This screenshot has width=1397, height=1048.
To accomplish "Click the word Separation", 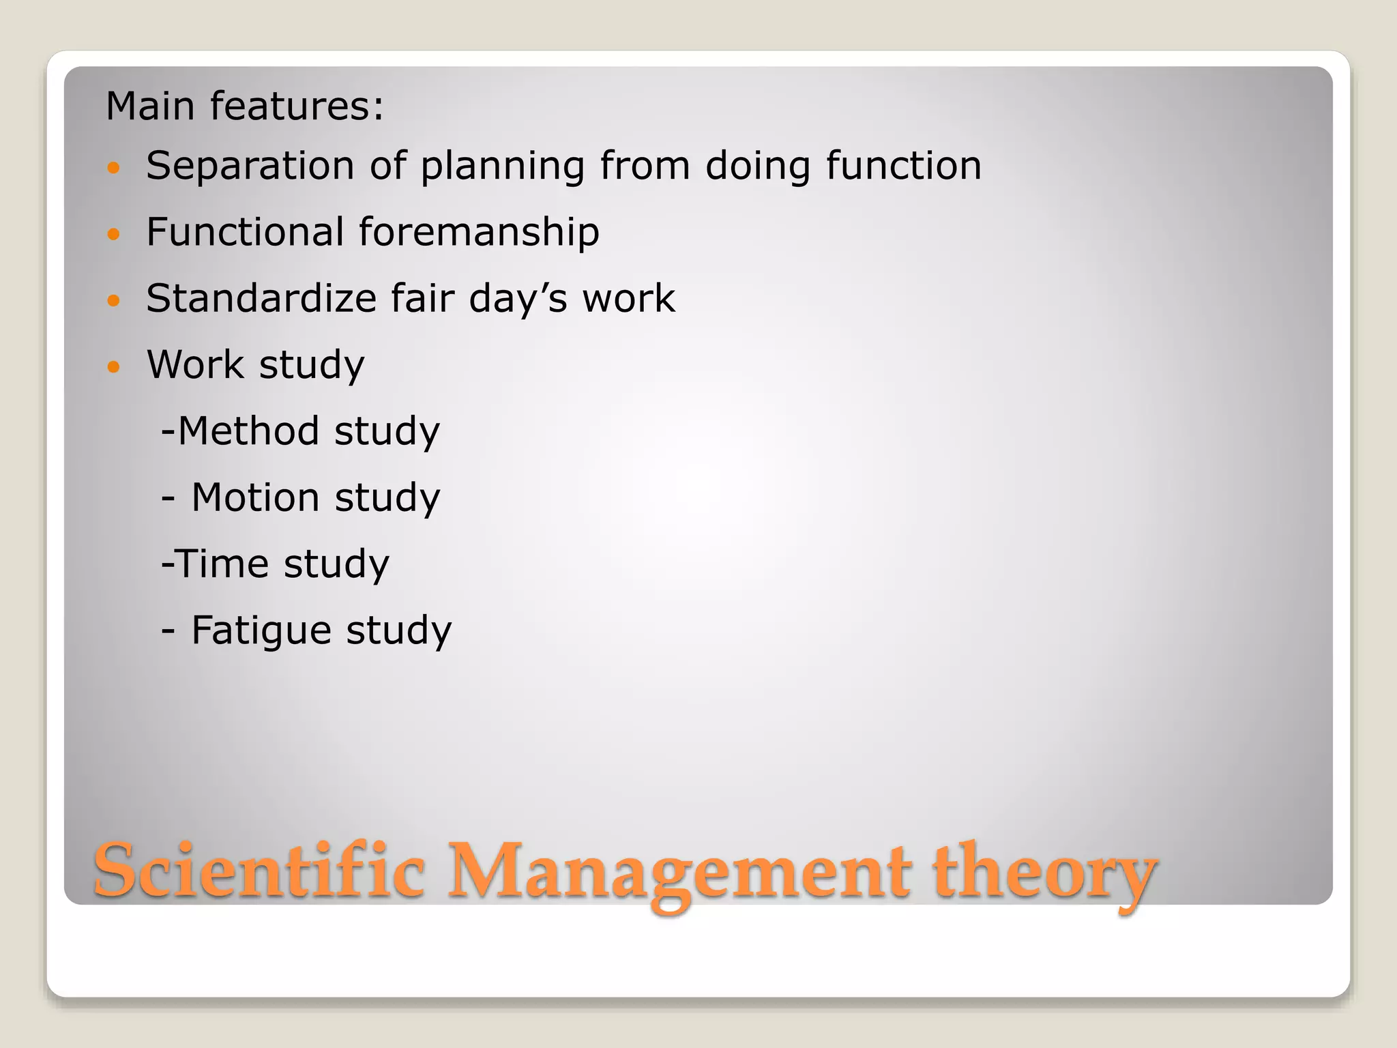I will click(x=250, y=166).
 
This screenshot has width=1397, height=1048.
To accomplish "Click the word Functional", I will click(x=244, y=232).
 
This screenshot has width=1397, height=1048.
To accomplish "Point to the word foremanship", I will click(x=479, y=232).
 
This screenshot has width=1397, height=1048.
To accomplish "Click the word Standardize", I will click(x=261, y=298).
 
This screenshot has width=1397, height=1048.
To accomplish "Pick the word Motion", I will click(x=255, y=497).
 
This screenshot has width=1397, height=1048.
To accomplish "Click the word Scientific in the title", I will click(x=259, y=871).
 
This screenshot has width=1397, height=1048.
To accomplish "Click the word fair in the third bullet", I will click(x=422, y=298).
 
